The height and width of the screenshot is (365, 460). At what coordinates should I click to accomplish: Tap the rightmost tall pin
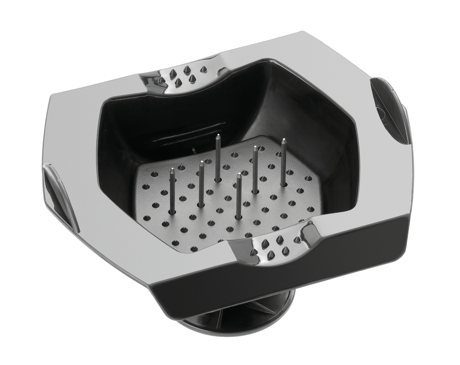pyautogui.click(x=284, y=163)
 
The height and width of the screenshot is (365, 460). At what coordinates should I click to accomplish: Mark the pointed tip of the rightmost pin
pyautogui.click(x=284, y=140)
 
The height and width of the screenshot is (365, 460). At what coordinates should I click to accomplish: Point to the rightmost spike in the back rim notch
pyautogui.click(x=204, y=69)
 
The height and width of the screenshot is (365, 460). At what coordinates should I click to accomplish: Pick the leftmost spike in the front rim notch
pyautogui.click(x=253, y=252)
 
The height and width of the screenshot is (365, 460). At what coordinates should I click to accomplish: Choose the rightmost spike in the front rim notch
pyautogui.click(x=297, y=240)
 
